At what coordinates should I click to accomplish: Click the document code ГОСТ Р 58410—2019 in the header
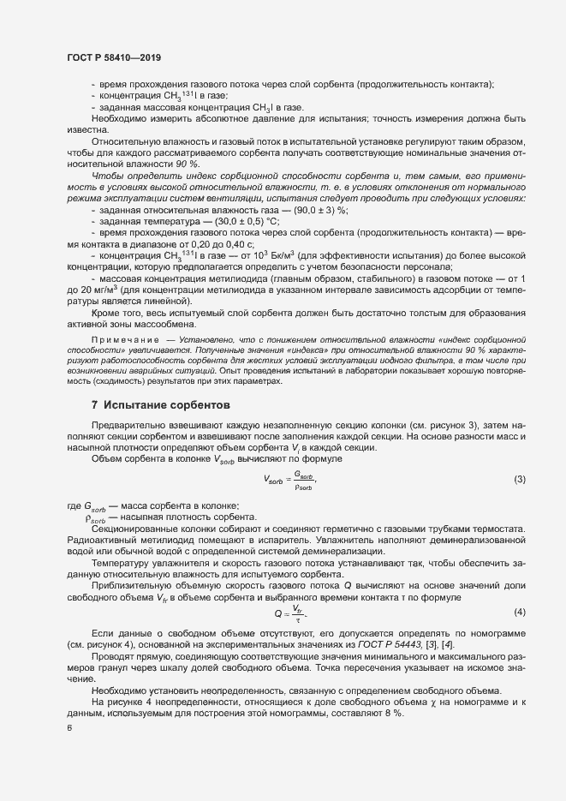tap(114, 57)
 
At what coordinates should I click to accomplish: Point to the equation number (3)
tap(519, 478)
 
